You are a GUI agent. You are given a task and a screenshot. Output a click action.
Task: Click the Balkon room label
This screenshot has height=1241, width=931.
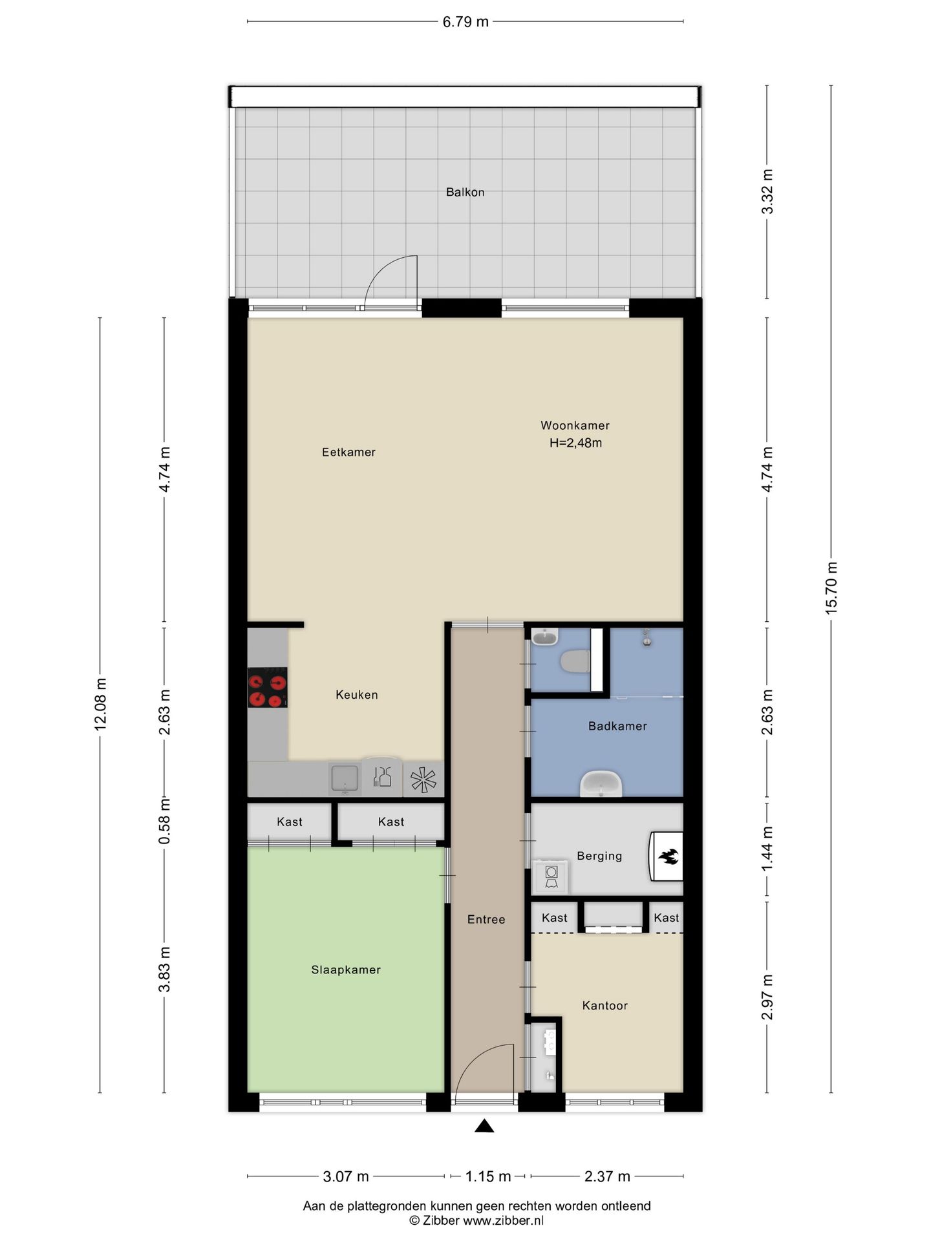pos(465,192)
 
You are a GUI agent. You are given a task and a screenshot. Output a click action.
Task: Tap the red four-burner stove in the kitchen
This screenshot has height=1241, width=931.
pos(268,687)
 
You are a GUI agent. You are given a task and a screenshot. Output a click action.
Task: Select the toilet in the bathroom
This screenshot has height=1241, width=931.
pos(575,661)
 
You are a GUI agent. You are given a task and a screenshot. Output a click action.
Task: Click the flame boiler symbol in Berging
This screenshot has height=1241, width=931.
pos(667,856)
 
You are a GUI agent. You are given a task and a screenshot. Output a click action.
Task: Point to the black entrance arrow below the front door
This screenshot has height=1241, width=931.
pos(484,1126)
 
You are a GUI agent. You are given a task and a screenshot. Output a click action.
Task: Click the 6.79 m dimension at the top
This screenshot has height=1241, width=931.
pos(465,22)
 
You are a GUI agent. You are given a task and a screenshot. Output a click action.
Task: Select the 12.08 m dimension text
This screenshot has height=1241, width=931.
pos(100,705)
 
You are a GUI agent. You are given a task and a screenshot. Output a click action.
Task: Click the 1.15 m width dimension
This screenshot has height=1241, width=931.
pos(488,1176)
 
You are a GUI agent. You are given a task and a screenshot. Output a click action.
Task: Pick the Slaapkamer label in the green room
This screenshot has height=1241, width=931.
pos(346,970)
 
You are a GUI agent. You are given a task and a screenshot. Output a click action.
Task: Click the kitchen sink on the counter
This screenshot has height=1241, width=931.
pos(345,778)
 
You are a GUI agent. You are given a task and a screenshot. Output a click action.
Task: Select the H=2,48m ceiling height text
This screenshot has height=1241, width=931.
pos(575,443)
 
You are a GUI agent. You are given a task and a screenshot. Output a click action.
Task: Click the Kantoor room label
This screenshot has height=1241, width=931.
pos(605,1006)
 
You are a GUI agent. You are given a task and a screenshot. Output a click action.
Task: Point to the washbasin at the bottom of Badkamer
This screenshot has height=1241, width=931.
pos(601,784)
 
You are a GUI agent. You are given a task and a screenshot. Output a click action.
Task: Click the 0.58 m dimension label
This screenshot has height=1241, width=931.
pos(165,820)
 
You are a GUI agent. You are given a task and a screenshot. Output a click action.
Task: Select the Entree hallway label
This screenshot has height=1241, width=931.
pos(486,919)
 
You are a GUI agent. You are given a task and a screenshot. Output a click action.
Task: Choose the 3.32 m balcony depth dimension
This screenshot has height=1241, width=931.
pos(767,191)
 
